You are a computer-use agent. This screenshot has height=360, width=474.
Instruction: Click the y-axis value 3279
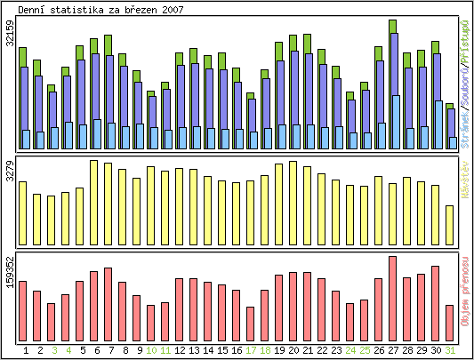click(10, 171)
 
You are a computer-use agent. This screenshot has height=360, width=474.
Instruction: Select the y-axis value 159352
click(10, 270)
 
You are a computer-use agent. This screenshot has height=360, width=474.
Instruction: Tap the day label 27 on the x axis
click(392, 350)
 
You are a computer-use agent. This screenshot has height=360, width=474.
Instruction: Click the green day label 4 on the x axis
click(68, 350)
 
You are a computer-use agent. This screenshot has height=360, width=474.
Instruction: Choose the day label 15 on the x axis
click(222, 350)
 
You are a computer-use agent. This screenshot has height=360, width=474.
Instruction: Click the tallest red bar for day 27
click(392, 296)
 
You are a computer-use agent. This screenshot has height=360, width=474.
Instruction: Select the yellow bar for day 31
click(450, 224)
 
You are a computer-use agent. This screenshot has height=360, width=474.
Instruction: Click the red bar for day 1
click(23, 309)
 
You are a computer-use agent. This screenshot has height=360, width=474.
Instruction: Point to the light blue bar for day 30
click(437, 124)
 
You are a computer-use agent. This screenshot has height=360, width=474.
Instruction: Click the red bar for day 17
click(251, 322)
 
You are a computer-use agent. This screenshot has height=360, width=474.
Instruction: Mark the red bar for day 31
click(450, 321)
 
